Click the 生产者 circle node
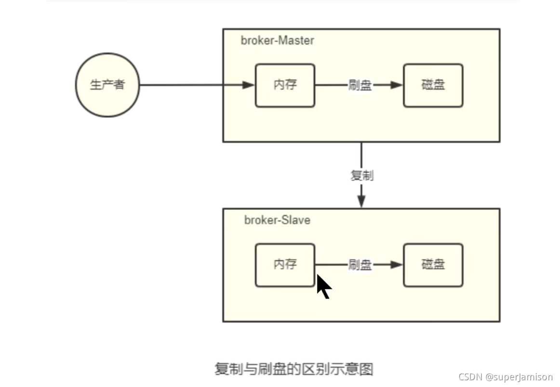(107, 85)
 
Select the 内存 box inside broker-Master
(285, 85)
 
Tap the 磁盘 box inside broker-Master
(433, 85)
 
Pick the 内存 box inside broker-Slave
(285, 265)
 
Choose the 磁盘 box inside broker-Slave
(433, 265)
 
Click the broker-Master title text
(277, 40)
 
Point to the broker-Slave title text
(277, 220)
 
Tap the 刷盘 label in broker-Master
(360, 86)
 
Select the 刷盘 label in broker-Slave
(360, 265)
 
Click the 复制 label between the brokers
(361, 176)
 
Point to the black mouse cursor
(323, 286)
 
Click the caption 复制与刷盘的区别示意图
(293, 369)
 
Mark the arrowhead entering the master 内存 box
(248, 85)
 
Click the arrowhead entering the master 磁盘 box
(396, 85)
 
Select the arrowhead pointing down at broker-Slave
(361, 201)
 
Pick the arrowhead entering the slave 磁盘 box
(396, 265)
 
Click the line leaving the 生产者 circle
(183, 85)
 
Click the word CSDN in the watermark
(467, 377)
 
